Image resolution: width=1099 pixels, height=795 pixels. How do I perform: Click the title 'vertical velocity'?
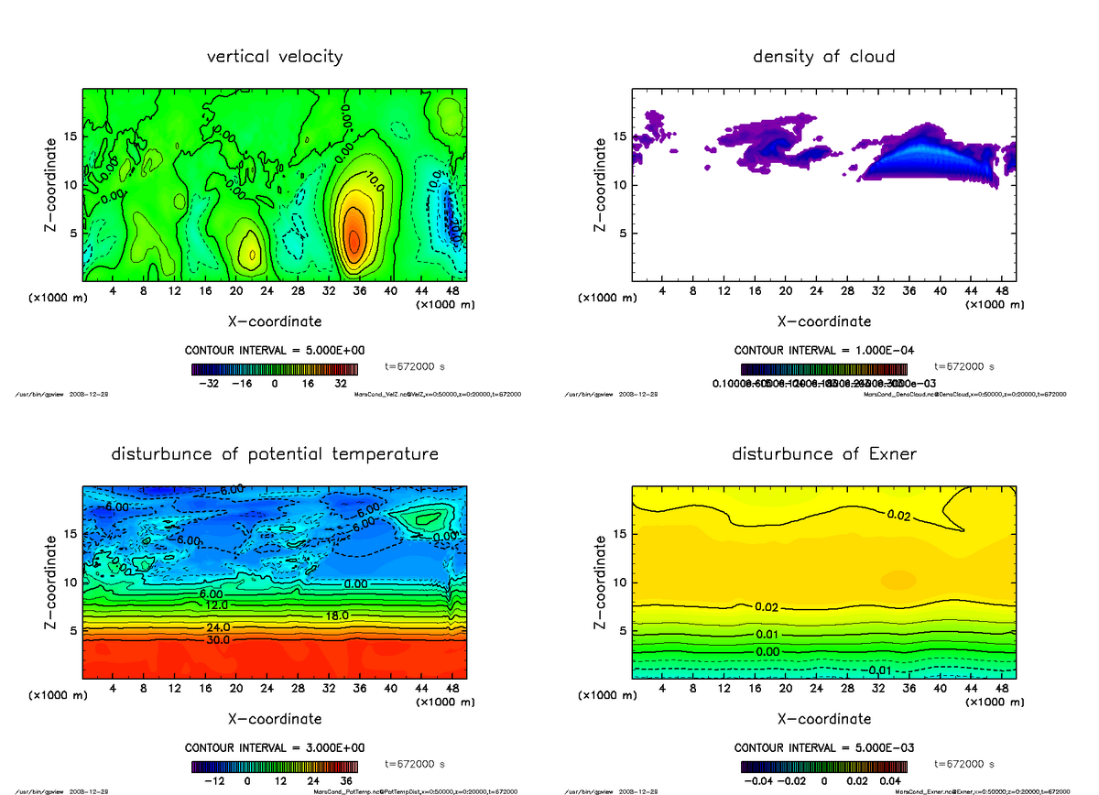tap(275, 57)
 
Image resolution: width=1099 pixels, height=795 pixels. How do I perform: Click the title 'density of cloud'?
tap(823, 57)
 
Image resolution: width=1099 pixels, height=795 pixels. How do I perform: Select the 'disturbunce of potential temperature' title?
tap(275, 454)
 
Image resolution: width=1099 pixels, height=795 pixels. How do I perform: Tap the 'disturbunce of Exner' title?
tap(823, 454)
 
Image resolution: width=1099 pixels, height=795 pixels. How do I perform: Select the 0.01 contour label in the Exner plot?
tap(767, 635)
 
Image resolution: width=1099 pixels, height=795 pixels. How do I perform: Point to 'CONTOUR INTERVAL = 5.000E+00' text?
tap(275, 351)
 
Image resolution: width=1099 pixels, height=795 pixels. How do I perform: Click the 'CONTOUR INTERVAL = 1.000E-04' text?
tap(823, 351)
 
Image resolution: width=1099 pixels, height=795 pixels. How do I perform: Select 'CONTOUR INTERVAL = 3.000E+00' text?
tap(275, 748)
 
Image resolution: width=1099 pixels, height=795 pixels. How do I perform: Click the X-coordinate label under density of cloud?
tap(823, 321)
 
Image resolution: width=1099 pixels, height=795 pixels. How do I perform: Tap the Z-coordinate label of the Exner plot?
tap(601, 582)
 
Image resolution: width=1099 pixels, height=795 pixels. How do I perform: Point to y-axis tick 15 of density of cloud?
tap(620, 137)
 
